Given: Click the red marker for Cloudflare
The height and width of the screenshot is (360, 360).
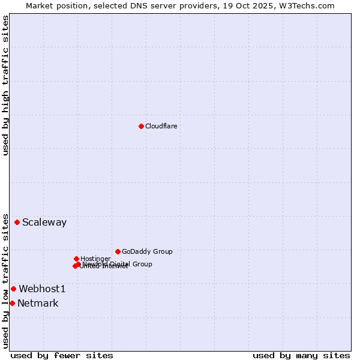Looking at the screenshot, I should pos(141,126).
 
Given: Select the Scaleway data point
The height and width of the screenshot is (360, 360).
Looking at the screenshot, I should pos(17,222).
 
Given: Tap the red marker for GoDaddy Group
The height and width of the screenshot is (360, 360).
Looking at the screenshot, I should pos(118,251).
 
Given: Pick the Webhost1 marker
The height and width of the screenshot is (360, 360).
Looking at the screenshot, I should pos(13,289).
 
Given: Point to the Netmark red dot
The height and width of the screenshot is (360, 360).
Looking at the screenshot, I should pos(12,303).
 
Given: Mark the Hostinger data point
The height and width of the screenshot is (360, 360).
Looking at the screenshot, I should pos(76,259).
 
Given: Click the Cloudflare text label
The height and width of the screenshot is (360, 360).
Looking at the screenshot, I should pos(161,126).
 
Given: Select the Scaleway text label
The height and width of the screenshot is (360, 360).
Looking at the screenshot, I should pos(44,222).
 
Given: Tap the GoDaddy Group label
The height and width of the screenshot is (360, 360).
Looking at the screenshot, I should pos(147,251).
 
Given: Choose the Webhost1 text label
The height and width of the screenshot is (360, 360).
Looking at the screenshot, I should pos(42,289).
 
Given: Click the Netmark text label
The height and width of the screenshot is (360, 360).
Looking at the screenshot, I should pos(38,303).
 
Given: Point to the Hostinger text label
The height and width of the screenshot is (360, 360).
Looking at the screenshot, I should pos(95,259).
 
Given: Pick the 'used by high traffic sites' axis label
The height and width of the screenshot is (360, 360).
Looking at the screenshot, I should pos(5,85).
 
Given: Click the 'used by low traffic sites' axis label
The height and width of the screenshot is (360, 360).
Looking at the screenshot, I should pos(5,280).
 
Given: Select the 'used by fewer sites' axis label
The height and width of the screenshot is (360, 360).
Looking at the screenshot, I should pos(62,355).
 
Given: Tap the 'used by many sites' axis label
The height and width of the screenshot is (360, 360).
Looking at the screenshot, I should pos(301,355).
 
